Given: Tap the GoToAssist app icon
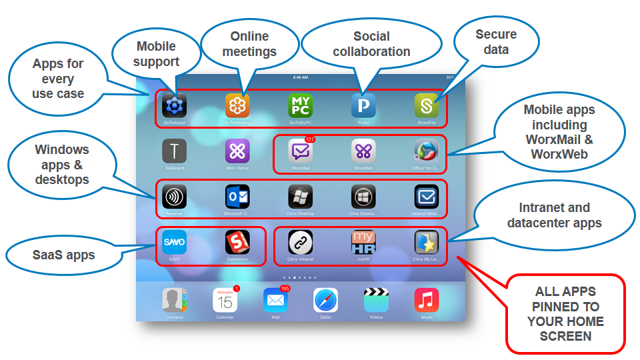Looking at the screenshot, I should (x=175, y=105).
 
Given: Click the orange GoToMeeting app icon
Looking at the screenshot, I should (x=237, y=105).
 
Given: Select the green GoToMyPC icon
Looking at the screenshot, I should (x=300, y=105).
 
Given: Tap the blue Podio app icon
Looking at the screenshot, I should (x=363, y=105).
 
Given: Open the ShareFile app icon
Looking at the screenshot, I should (x=426, y=105).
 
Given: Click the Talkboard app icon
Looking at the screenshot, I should (x=175, y=151).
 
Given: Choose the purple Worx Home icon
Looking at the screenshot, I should (x=237, y=151).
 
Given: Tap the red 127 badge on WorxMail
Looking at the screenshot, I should (x=309, y=139).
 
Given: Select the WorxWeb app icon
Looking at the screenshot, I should (x=363, y=151).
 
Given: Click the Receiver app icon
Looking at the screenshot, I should (x=175, y=197).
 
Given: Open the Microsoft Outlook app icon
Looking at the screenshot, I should (x=237, y=197).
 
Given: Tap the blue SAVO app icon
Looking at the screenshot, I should (x=175, y=242).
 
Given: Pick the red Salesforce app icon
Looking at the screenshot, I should (x=237, y=242).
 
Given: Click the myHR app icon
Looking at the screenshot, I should (x=363, y=242).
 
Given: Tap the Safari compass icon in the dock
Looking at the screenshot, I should (x=325, y=301).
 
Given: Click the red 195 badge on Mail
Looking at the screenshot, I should (x=285, y=289).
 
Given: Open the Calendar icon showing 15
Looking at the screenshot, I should (x=225, y=301).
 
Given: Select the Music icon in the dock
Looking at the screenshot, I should (x=426, y=301).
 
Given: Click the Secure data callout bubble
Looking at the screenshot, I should (x=496, y=42).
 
